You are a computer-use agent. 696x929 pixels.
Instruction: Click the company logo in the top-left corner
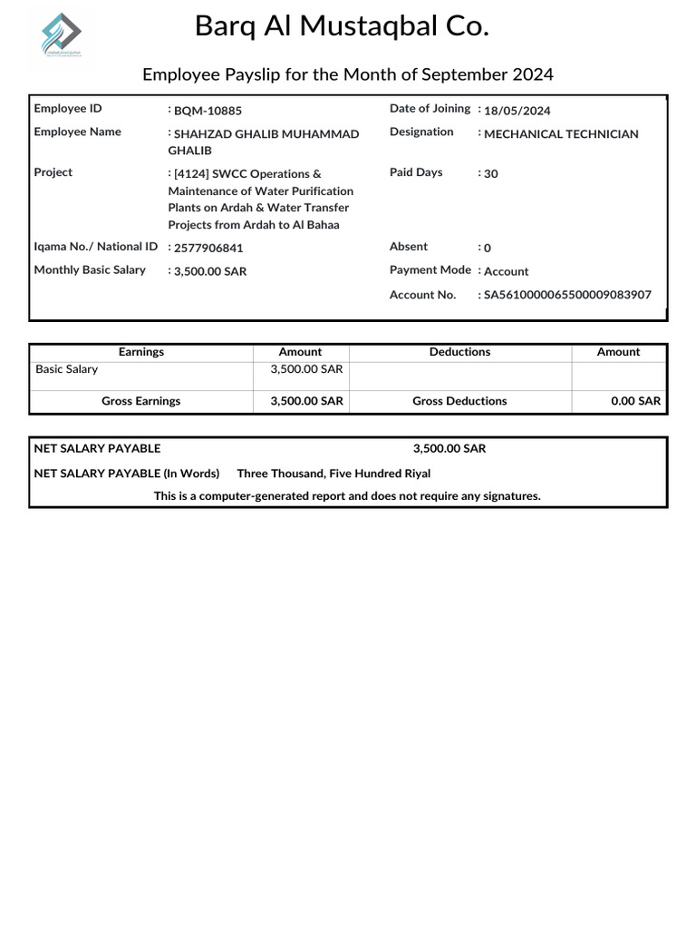coord(61,38)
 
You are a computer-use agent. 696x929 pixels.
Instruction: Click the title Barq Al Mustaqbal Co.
coord(342,27)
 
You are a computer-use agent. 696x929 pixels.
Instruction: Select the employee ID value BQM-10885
coord(208,111)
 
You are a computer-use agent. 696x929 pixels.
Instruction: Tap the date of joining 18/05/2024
coord(517,111)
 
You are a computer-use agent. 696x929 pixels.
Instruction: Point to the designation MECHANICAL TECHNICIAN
coord(561,134)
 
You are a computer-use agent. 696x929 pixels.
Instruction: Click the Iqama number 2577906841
coord(208,248)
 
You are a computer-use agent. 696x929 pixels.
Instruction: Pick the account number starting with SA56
coord(567,295)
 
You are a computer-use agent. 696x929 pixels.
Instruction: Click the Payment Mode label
coord(430,270)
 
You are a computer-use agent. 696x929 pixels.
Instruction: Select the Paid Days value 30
coord(490,174)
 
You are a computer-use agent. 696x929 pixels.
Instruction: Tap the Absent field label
coord(409,247)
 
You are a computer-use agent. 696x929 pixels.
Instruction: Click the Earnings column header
coord(141,352)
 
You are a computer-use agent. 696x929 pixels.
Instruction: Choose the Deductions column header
coord(459,352)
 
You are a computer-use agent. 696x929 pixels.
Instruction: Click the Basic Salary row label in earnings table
coord(67,369)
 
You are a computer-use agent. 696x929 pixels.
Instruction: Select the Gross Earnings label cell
coord(141,401)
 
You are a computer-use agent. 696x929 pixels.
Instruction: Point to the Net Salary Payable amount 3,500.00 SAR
coord(449,449)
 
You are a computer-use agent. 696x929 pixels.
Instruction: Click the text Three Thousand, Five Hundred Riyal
coord(333,474)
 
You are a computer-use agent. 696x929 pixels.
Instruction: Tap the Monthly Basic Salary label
coord(90,270)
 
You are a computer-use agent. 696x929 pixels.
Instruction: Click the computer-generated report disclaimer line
coord(347,496)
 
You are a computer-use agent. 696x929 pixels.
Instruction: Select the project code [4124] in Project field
coord(192,174)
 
